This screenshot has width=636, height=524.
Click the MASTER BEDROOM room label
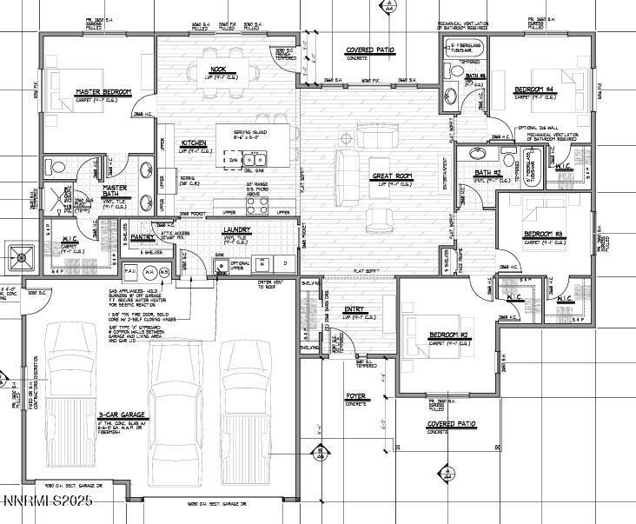coord(103,91)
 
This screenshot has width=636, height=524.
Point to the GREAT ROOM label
coord(392,176)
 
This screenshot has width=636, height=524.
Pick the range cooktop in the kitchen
coord(258,204)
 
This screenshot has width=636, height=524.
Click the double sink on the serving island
coord(253,159)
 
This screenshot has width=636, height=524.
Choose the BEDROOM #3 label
coord(544,235)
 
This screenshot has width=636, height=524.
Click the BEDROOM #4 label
coord(534,90)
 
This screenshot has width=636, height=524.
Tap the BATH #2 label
coord(487,173)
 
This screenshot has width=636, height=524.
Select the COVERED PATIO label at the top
coord(369,50)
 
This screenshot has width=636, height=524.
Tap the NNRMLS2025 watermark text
coord(47,501)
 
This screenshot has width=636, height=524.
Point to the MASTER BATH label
coord(116,191)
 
